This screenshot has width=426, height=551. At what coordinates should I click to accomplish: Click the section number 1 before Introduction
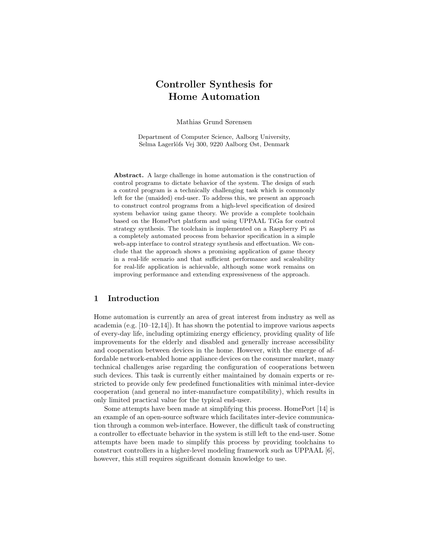[x=96, y=298]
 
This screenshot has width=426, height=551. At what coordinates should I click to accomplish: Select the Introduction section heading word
[x=133, y=298]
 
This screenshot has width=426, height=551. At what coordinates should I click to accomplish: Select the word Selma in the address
[x=146, y=145]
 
